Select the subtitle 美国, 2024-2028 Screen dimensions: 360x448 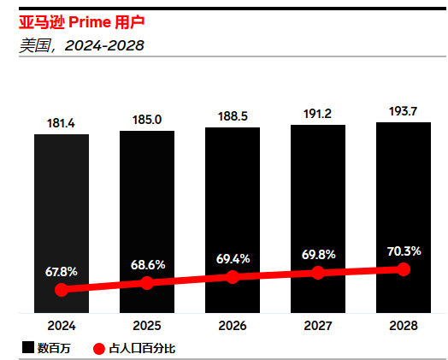tap(81, 44)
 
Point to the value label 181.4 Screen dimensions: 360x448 tap(62, 124)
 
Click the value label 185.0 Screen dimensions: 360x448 tap(147, 120)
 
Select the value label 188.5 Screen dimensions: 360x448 tap(233, 116)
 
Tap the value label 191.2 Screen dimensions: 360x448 tap(318, 114)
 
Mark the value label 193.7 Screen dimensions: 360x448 tap(404, 111)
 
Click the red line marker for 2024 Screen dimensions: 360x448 tap(62, 290)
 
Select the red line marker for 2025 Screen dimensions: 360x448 tap(147, 283)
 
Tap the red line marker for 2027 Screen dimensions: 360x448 tap(318, 273)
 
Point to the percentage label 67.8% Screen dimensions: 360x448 tap(62, 271)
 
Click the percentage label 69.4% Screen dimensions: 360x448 tap(233, 257)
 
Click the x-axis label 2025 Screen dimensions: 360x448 tap(147, 326)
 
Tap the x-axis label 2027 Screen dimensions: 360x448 tap(318, 326)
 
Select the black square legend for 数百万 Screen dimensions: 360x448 tap(27, 348)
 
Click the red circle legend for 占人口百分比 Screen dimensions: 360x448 tap(97, 348)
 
